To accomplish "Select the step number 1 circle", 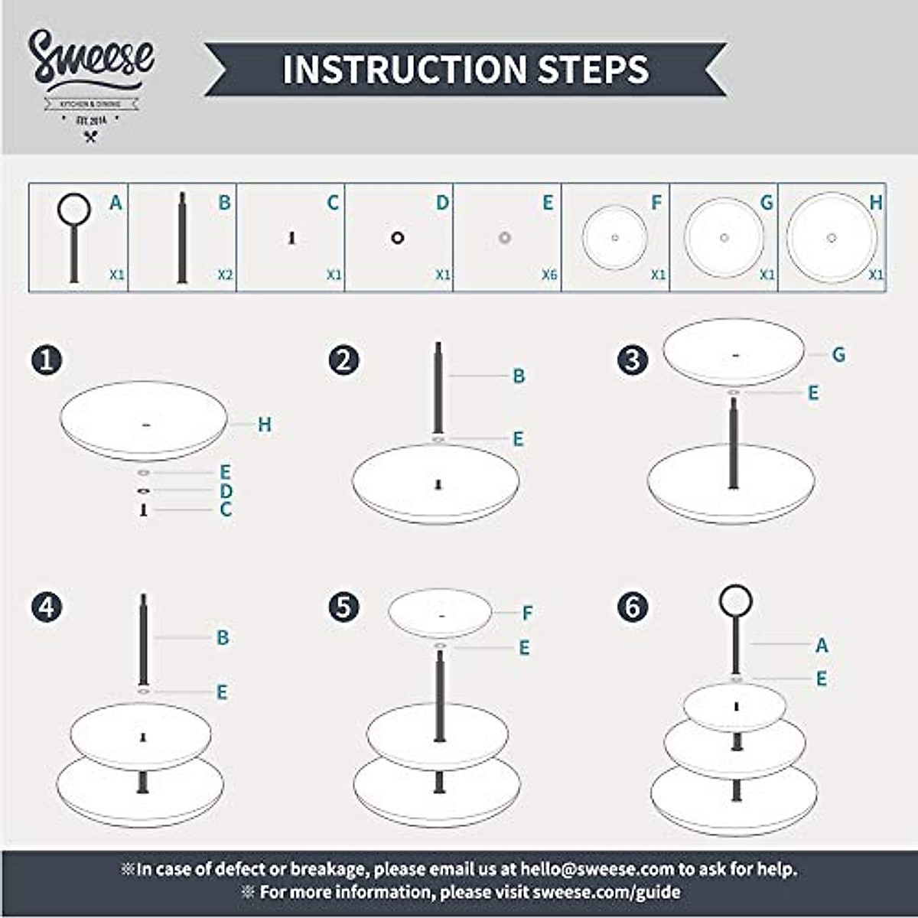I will (x=47, y=360).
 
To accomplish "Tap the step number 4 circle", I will (x=47, y=607).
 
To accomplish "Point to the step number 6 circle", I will (x=633, y=607).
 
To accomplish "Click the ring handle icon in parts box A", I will (x=74, y=209).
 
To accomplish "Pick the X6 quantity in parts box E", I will (x=549, y=275).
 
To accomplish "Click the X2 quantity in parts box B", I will (x=225, y=275).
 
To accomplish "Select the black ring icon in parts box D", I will (x=397, y=238).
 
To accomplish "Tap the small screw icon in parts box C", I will (x=291, y=238).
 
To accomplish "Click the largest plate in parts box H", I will (x=832, y=237).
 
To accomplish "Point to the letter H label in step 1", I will (x=265, y=425).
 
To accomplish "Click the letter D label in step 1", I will (x=226, y=491).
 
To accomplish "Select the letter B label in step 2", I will (x=519, y=376).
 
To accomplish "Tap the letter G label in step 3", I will (x=838, y=354).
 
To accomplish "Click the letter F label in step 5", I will (x=527, y=613).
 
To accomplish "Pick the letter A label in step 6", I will (x=822, y=645).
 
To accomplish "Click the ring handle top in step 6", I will (x=736, y=601).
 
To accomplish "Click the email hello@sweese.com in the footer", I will (x=597, y=869).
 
